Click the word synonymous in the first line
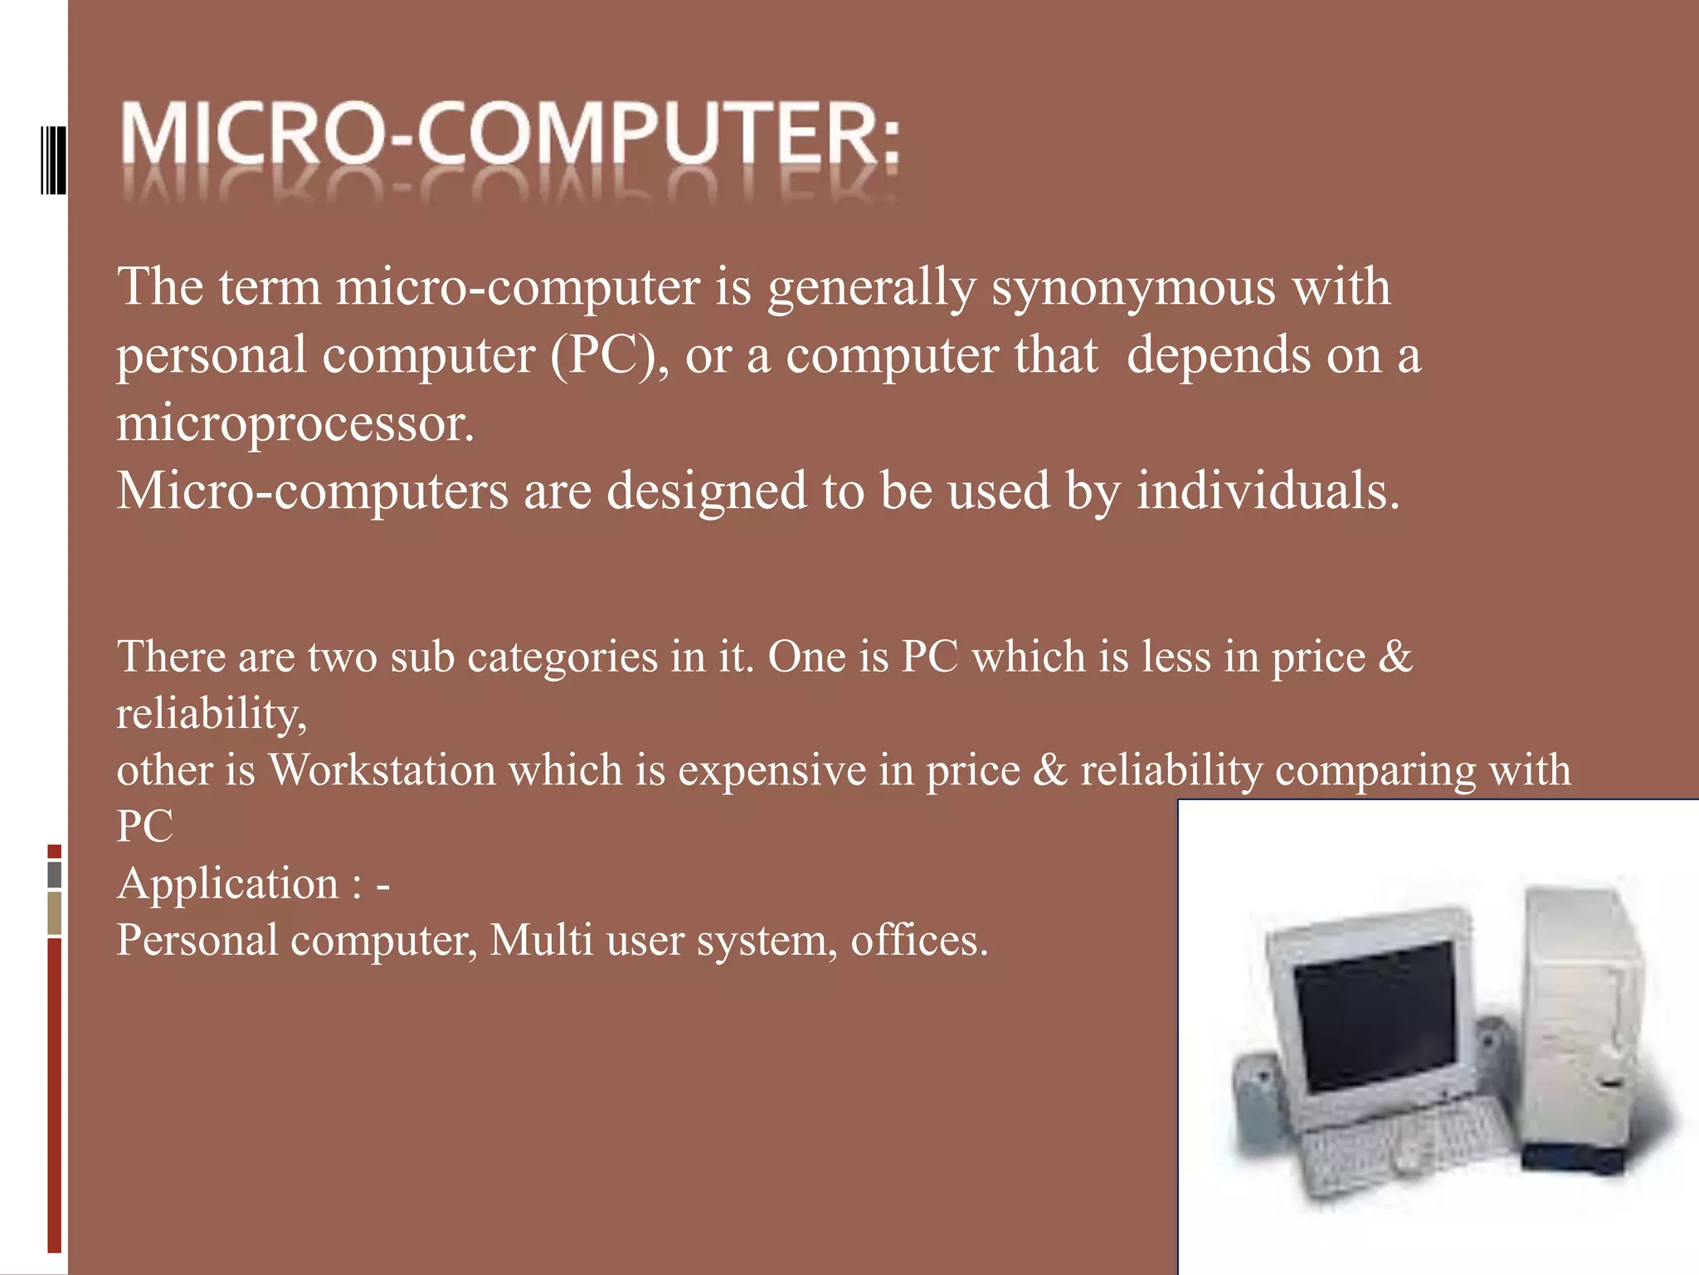(1133, 288)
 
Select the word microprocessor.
(295, 423)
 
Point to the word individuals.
(1267, 491)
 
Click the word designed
(706, 491)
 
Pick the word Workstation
(382, 769)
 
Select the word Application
(228, 883)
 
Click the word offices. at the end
(919, 940)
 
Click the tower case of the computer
(1580, 1021)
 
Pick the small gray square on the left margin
(55, 874)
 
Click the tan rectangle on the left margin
(55, 912)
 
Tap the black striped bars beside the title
(53, 159)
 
